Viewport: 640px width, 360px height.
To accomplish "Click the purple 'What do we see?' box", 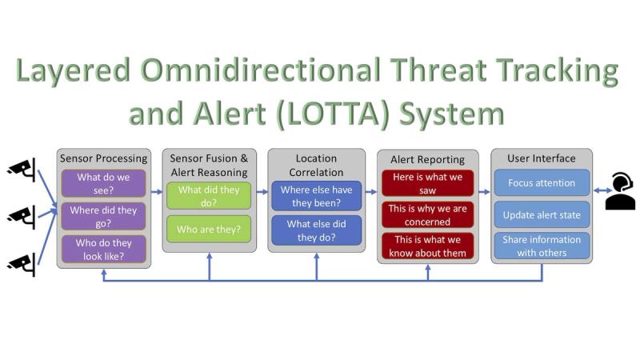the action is click(103, 184).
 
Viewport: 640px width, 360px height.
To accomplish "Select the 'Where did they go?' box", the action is click(103, 216).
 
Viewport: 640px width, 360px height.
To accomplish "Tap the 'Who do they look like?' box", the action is click(103, 249).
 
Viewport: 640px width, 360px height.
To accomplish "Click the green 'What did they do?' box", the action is click(209, 196).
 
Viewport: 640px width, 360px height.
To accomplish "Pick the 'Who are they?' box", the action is click(209, 229).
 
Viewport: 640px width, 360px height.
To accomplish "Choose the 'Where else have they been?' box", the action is click(316, 196).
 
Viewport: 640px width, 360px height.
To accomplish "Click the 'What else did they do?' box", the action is click(316, 230).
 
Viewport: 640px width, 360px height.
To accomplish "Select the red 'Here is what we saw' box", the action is click(427, 183).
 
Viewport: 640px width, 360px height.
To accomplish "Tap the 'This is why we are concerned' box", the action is click(427, 214).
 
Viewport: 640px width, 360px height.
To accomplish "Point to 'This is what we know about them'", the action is click(427, 246).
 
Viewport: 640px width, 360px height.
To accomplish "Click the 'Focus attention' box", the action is click(542, 183).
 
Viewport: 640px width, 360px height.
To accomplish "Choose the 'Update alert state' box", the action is click(542, 214).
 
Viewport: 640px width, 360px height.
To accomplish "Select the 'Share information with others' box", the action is click(542, 246).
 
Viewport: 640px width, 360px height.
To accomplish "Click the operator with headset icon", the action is click(620, 190).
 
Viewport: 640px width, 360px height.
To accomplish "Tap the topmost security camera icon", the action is click(22, 170).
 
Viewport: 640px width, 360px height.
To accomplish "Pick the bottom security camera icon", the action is click(22, 265).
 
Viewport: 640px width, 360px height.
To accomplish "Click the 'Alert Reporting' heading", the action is click(427, 159).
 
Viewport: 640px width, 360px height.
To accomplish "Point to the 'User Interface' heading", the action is click(542, 158).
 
